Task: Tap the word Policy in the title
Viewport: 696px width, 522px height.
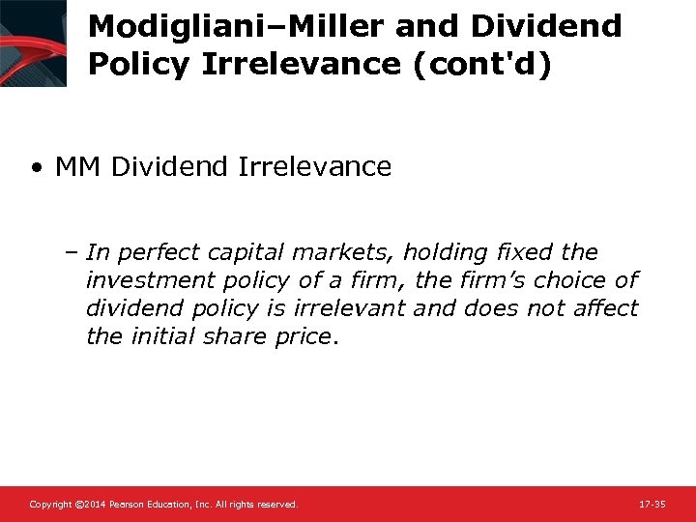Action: click(x=138, y=63)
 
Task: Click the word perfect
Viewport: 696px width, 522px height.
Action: click(x=154, y=253)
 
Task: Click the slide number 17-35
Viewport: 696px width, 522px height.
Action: click(x=652, y=505)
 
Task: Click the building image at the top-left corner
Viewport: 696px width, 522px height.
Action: click(x=34, y=43)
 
